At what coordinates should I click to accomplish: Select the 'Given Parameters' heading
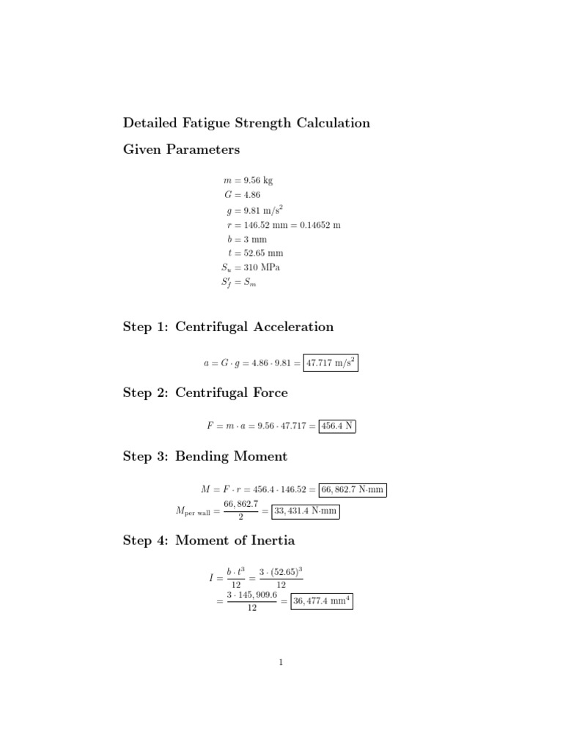pyautogui.click(x=181, y=150)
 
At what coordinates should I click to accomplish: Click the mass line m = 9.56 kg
pyautogui.click(x=249, y=180)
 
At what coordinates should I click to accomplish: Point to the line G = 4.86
pyautogui.click(x=242, y=195)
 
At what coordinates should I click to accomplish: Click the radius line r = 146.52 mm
pyautogui.click(x=284, y=224)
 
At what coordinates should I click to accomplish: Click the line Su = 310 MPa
pyautogui.click(x=245, y=267)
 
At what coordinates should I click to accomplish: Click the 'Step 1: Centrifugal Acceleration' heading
pyautogui.click(x=228, y=327)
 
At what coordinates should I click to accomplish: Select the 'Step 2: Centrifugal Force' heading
pyautogui.click(x=205, y=393)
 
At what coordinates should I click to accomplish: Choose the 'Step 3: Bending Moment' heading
pyautogui.click(x=205, y=457)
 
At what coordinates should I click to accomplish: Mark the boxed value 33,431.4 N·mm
pyautogui.click(x=306, y=512)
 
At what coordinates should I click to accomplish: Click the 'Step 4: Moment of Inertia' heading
pyautogui.click(x=209, y=542)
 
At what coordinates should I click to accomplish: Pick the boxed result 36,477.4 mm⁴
pyautogui.click(x=321, y=602)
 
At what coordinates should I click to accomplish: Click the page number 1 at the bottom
pyautogui.click(x=281, y=663)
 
